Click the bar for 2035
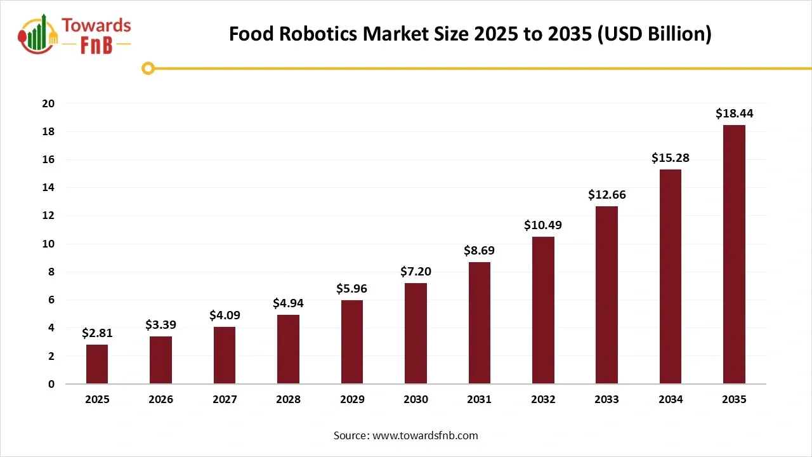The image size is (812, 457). pyautogui.click(x=734, y=254)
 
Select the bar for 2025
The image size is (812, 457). pyautogui.click(x=97, y=364)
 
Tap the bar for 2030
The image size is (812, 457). pyautogui.click(x=416, y=333)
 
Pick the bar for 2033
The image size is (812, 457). pyautogui.click(x=606, y=295)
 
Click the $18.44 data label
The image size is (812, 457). pyautogui.click(x=734, y=114)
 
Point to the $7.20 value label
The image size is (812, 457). pyautogui.click(x=416, y=272)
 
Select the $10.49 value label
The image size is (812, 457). pyautogui.click(x=543, y=225)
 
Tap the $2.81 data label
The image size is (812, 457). pyautogui.click(x=97, y=333)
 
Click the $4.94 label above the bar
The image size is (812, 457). pyautogui.click(x=288, y=303)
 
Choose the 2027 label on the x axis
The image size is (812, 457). pyautogui.click(x=225, y=399)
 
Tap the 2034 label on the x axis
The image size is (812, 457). pyautogui.click(x=671, y=399)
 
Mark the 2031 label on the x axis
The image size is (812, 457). pyautogui.click(x=479, y=399)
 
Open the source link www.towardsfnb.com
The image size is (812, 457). pyautogui.click(x=425, y=435)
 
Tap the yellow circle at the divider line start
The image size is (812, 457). pyautogui.click(x=148, y=68)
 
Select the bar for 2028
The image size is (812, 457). pyautogui.click(x=288, y=349)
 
